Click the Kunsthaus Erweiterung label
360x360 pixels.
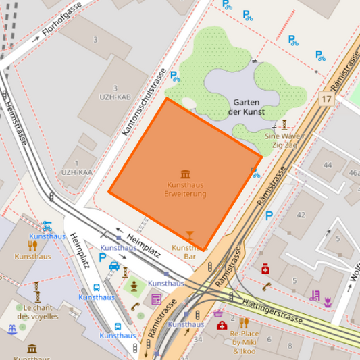point(185,189)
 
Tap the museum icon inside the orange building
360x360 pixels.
point(185,174)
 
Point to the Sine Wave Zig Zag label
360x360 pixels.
point(284,140)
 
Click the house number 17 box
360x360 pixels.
point(327,99)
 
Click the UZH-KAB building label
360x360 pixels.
point(114,97)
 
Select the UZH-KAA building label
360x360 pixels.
point(76,172)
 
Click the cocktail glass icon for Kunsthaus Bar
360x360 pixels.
point(189,235)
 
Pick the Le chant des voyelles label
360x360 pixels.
point(38,312)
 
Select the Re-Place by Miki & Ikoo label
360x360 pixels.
point(245,342)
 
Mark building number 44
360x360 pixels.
point(328,165)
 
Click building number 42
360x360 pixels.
point(301,215)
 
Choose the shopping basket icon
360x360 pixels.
point(218,313)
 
